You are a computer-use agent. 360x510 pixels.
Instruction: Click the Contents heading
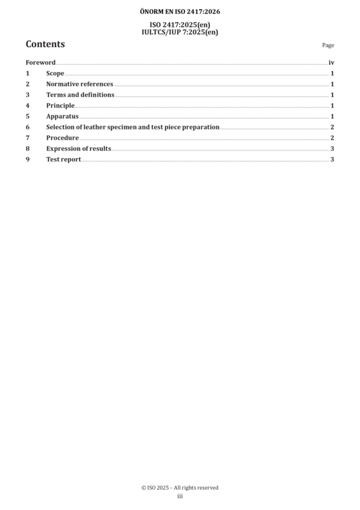[45, 44]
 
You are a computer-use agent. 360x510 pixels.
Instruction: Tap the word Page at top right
[328, 45]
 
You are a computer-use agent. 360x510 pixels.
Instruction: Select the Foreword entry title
[41, 62]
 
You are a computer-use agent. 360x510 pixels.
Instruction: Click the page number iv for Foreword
[331, 62]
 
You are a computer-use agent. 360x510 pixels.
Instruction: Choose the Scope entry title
[55, 73]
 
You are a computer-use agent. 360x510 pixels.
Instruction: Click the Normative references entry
[80, 84]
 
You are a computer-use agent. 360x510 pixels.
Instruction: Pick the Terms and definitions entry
[80, 94]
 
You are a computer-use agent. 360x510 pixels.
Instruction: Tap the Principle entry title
[60, 106]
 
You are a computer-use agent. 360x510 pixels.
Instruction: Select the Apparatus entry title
[62, 117]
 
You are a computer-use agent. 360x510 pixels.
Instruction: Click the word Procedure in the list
[62, 138]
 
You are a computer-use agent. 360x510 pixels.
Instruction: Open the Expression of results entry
[79, 149]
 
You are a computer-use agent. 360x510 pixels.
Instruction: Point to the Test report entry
[64, 159]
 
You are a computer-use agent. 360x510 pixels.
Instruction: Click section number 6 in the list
[27, 127]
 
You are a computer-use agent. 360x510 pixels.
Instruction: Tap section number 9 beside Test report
[27, 159]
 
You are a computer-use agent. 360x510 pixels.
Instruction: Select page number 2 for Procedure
[332, 138]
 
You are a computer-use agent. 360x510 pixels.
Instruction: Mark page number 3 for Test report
[332, 159]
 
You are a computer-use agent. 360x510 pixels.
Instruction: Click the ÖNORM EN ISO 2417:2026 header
[180, 11]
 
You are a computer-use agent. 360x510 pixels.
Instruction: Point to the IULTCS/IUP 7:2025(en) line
[180, 33]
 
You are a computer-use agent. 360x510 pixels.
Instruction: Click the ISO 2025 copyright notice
[180, 488]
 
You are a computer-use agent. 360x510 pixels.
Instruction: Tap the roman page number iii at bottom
[180, 496]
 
